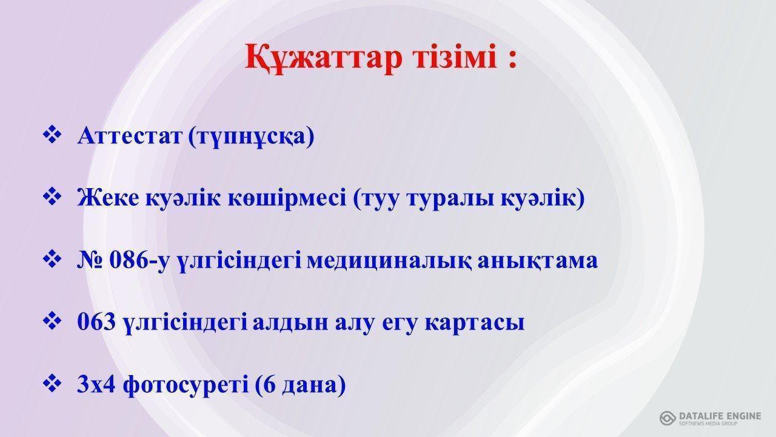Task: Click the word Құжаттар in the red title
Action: [324, 58]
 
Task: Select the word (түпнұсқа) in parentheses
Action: [251, 137]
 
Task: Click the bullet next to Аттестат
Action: [52, 135]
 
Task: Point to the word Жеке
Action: [108, 198]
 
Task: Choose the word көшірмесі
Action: [287, 198]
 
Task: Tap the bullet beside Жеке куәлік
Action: [52, 197]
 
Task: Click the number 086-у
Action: [140, 261]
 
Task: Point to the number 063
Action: [96, 322]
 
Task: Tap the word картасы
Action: [474, 323]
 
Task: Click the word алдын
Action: [290, 322]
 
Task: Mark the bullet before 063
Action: [52, 320]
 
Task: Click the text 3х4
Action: [96, 384]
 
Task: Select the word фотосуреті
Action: [186, 385]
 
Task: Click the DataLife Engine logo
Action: [710, 418]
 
